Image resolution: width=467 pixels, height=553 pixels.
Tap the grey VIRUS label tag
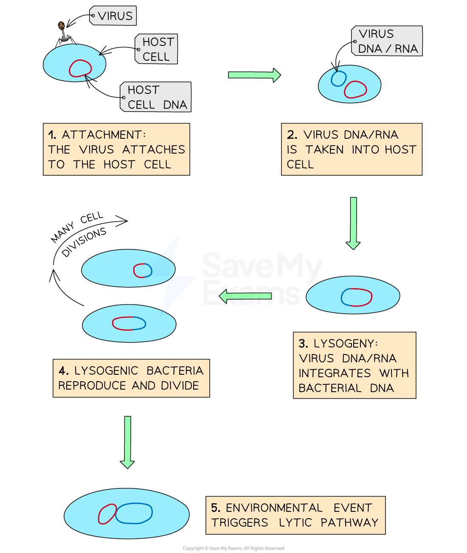point(113,16)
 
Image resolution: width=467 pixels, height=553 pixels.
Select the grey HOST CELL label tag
point(157,49)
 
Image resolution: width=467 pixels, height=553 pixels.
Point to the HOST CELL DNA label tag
point(156,97)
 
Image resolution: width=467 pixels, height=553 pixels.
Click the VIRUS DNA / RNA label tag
point(387,41)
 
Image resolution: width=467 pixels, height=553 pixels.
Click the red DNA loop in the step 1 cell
point(81,68)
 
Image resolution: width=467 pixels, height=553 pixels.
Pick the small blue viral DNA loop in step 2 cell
point(339,79)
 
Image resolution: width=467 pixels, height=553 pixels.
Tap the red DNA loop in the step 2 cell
point(355,90)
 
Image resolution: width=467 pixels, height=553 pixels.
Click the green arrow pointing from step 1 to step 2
point(254,75)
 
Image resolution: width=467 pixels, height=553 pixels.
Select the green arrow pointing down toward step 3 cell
point(353,222)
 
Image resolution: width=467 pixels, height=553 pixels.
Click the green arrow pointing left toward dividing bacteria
point(245,296)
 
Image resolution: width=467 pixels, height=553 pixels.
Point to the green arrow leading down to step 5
point(127,441)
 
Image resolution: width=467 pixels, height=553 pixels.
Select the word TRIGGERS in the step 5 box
point(240,522)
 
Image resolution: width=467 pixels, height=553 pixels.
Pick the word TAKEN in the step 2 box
point(324,150)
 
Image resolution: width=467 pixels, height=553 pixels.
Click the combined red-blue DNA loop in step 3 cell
point(357,297)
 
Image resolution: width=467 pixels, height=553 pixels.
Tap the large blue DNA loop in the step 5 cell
point(134,513)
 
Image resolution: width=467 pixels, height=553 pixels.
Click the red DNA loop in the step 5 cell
point(107,514)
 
